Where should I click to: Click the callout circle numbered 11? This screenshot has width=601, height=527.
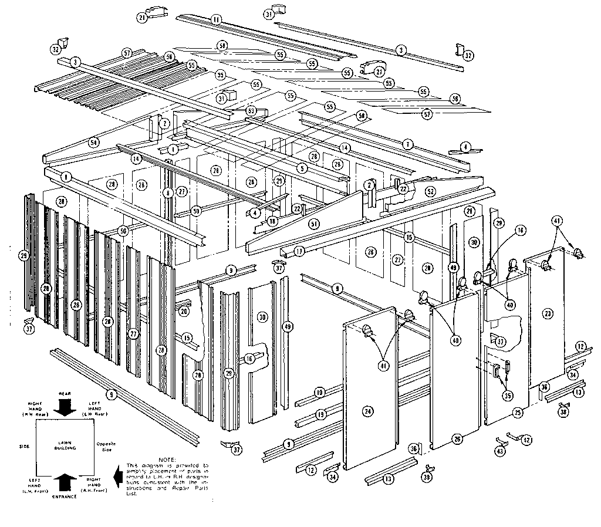(x=216, y=20)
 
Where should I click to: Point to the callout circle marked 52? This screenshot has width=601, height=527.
(x=430, y=191)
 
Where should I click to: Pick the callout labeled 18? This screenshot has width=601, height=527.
(x=272, y=221)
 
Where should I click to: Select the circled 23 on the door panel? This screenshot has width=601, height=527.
(x=548, y=313)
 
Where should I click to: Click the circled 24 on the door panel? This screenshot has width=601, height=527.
(x=367, y=411)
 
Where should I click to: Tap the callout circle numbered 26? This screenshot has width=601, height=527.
(x=458, y=438)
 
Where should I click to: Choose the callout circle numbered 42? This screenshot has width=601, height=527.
(x=526, y=439)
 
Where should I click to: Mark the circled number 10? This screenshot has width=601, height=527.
(x=319, y=391)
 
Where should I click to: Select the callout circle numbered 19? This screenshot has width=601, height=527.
(x=320, y=414)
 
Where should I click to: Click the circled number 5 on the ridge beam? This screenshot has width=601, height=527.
(x=302, y=168)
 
